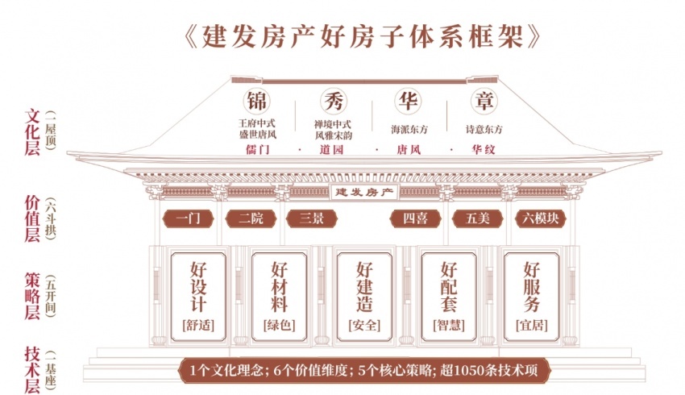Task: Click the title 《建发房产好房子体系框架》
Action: point(363,36)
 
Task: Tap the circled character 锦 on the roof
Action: point(256,101)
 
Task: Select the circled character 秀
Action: point(334,101)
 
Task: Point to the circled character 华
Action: point(409,101)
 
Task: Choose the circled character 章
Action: point(484,101)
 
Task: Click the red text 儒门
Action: point(257,150)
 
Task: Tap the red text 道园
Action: point(331,150)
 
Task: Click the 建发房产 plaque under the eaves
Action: point(364,192)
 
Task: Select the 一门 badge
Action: point(189,218)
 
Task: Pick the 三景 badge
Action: point(312,218)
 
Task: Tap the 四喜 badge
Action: point(416,218)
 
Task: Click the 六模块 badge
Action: point(541,218)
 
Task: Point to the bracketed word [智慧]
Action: point(449,326)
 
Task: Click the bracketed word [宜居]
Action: point(532,326)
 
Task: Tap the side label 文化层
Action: point(33,132)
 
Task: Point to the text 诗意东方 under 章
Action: point(484,129)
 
